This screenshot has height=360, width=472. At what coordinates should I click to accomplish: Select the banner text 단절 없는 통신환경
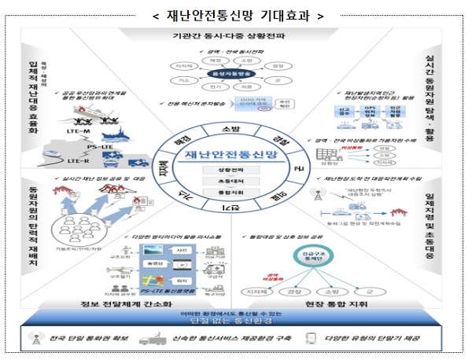(235, 323)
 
